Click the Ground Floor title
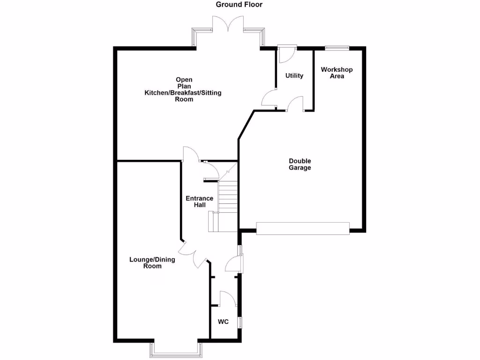239,5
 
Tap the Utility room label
294,76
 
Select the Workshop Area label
337,73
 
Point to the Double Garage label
300,165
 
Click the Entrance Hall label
200,202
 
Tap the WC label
224,322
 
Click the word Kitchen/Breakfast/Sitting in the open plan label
183,93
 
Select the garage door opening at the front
303,228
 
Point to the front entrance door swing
233,264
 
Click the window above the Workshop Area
337,47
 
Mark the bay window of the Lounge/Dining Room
176,349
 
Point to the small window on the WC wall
240,322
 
